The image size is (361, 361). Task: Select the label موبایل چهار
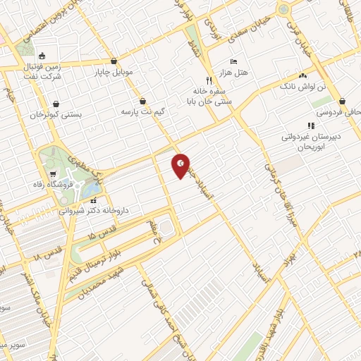pos(113,73)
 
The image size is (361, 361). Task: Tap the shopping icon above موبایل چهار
pos(114,61)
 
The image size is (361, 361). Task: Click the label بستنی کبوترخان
pos(56,114)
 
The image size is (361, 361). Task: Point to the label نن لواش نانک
pos(302,86)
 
